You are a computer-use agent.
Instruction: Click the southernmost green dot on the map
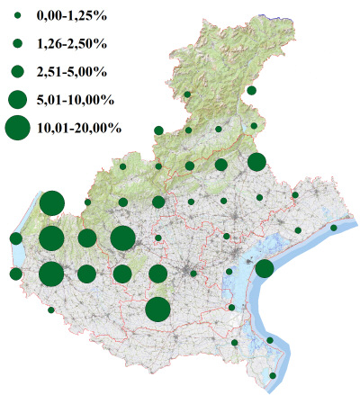[x=274, y=375]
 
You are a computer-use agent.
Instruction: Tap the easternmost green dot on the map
[x=334, y=228]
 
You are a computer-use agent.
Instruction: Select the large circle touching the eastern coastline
[x=265, y=269]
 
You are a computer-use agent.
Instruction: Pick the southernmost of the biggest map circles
[x=157, y=310]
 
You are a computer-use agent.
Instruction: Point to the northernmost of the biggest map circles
[x=51, y=202]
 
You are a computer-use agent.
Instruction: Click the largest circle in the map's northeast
[x=256, y=162]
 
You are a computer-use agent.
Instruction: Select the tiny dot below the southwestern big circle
[x=51, y=310]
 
